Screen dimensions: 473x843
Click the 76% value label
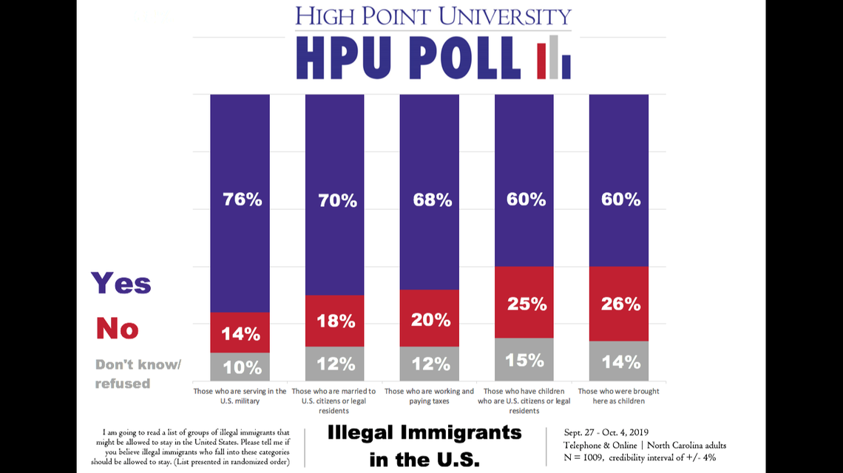pos(243,200)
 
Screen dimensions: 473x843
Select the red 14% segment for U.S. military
pos(240,333)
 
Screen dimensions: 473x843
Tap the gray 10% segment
pos(240,367)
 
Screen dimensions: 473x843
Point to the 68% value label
pos(432,200)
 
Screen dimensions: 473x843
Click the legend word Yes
pos(121,283)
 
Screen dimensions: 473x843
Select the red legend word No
pos(118,327)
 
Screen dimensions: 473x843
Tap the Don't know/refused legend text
pos(138,374)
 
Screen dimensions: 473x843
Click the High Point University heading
pos(433,16)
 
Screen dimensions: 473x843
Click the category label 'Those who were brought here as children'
pos(618,396)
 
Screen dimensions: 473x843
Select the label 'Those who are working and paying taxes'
pos(429,396)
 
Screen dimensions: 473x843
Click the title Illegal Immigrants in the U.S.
pos(424,446)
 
